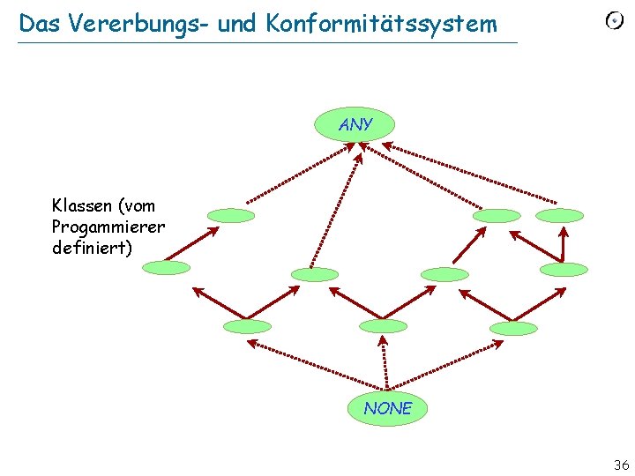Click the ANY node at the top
tap(355, 125)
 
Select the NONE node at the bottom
tap(387, 408)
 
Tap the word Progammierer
tap(108, 227)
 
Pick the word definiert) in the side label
tap(93, 248)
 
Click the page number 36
tap(621, 465)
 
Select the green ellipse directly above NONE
tap(384, 326)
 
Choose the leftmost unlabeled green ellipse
tap(166, 267)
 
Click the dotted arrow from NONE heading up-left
tap(309, 362)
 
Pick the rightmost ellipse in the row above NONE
tap(512, 328)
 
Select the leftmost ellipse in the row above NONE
tap(247, 326)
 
